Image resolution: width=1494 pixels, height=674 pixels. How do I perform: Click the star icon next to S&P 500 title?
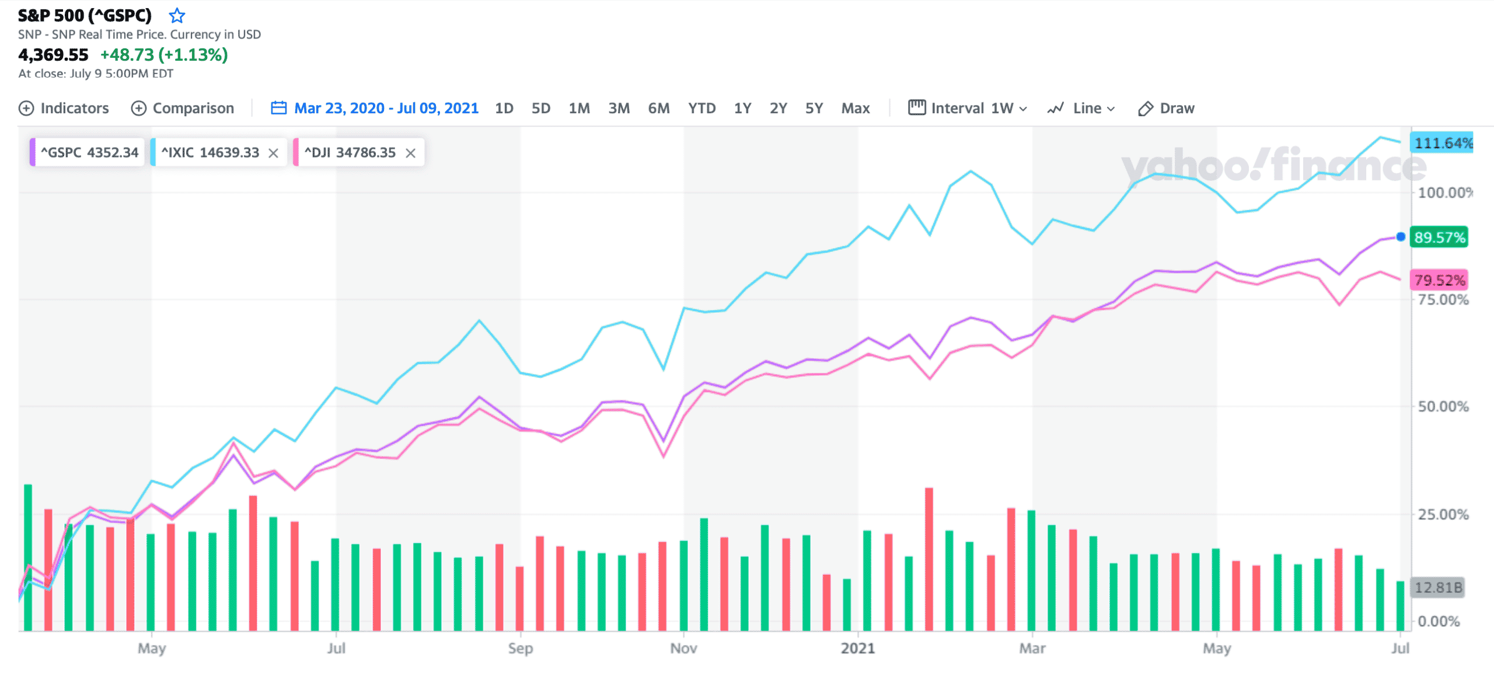point(177,15)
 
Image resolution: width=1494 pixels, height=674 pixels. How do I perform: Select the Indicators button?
point(64,108)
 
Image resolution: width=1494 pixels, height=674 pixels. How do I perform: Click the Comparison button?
point(182,108)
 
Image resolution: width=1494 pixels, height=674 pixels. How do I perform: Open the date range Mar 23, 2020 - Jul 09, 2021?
point(375,108)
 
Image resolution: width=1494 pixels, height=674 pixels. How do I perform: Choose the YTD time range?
point(701,108)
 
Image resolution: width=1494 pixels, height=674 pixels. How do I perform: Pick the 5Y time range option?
point(814,108)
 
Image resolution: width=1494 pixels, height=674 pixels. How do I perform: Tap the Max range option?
point(855,108)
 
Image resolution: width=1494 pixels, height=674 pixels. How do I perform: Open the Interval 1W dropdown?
point(968,108)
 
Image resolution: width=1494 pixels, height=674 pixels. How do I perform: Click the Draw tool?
point(1166,108)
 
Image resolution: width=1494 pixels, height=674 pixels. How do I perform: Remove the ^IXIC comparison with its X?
point(273,153)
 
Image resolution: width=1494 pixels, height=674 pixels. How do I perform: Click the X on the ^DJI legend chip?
point(410,153)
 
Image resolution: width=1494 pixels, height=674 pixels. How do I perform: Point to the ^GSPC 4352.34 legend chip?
point(88,152)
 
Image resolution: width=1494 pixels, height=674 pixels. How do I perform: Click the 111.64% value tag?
point(1441,143)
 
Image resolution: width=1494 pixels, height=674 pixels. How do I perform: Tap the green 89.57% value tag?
point(1439,238)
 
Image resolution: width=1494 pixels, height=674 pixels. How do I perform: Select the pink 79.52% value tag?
point(1439,280)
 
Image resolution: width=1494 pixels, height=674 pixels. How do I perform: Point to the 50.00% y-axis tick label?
point(1443,407)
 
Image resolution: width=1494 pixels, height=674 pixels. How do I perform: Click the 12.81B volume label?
point(1438,587)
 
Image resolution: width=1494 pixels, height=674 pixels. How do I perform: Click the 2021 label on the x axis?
point(857,648)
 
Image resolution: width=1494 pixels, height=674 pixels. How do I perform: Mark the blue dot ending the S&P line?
point(1401,236)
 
